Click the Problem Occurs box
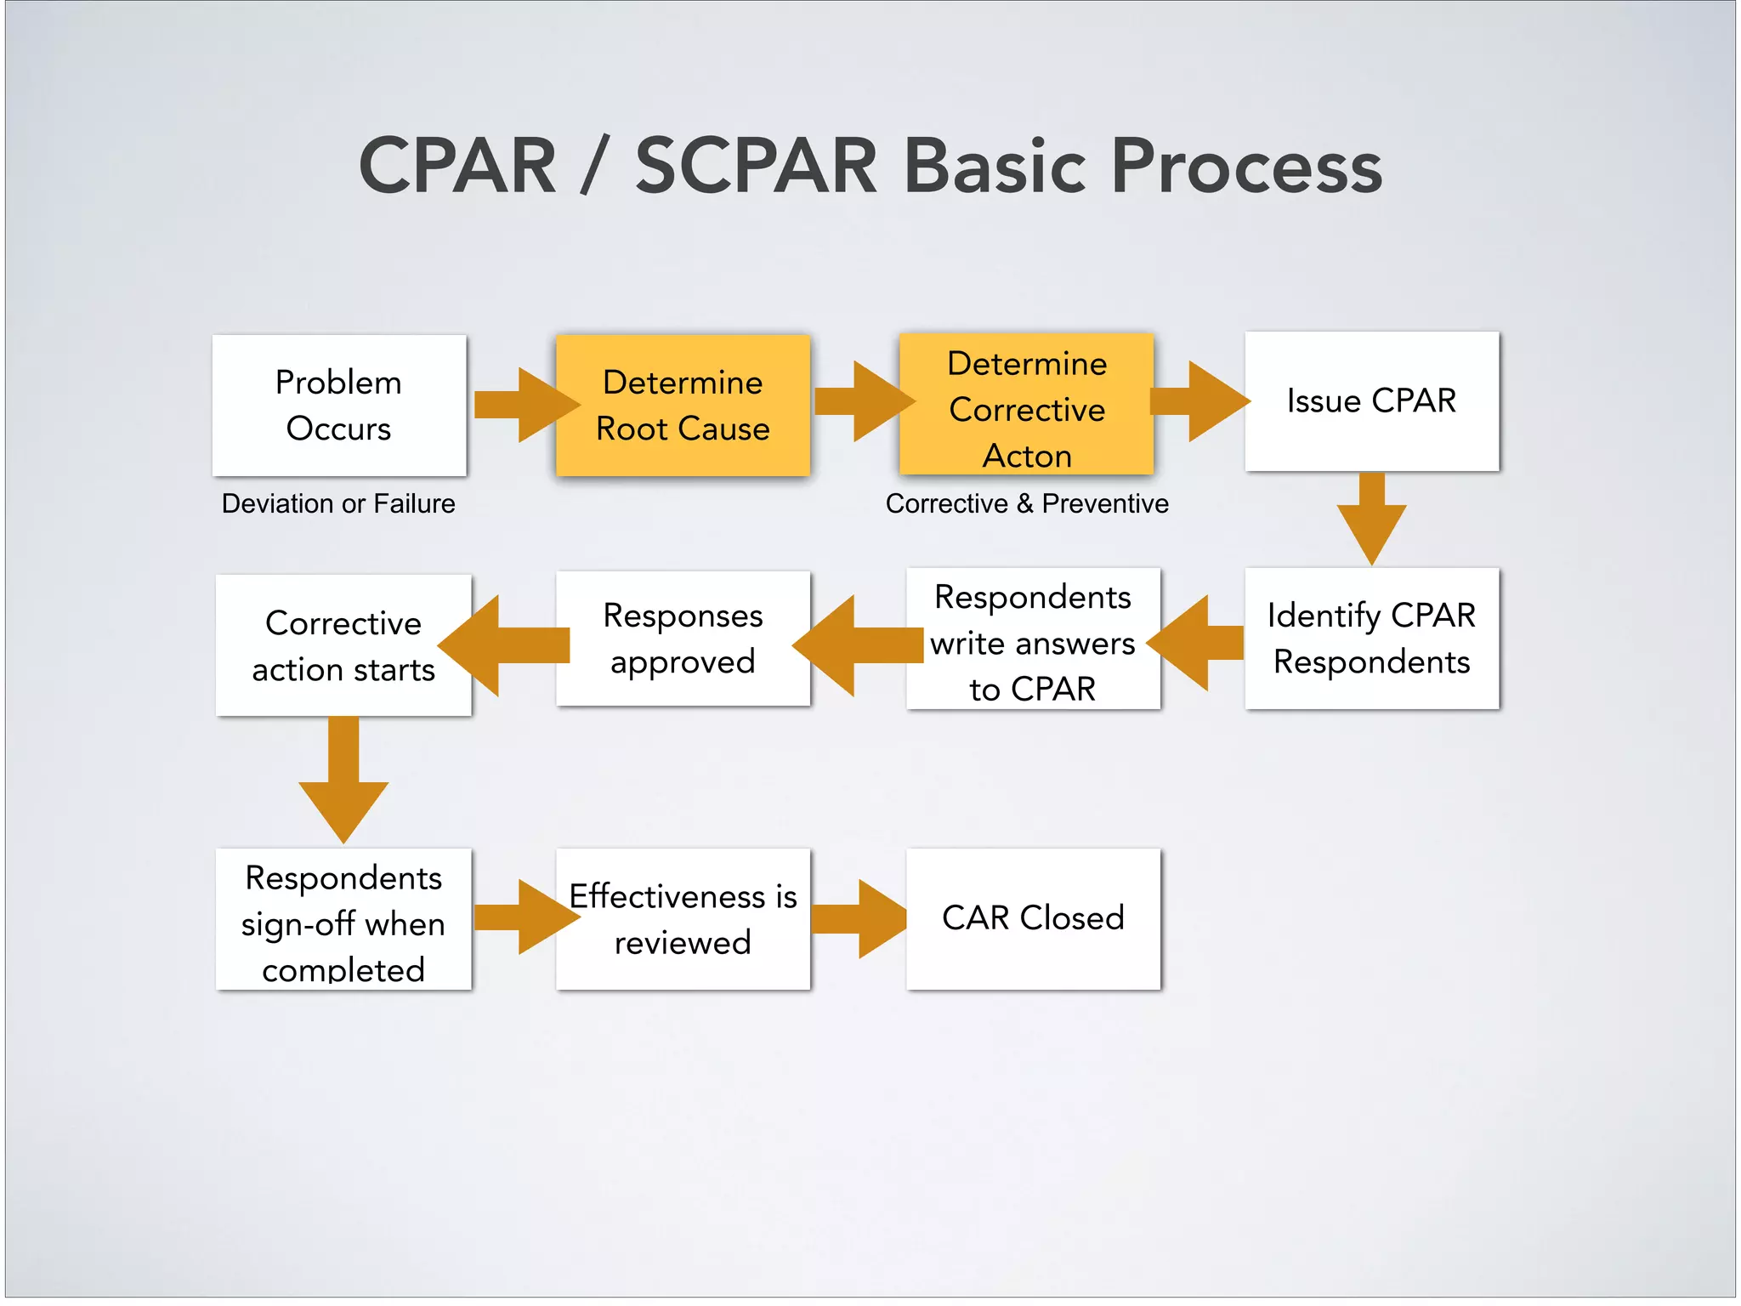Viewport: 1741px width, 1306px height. coord(338,405)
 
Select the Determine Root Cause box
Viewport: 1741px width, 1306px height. coord(683,405)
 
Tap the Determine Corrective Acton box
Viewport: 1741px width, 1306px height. coord(1026,405)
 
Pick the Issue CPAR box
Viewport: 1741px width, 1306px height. coord(1371,400)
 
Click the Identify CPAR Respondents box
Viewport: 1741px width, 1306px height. coord(1371,638)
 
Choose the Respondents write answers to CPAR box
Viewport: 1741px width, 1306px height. coord(1032,639)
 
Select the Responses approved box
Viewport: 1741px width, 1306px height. coord(683,638)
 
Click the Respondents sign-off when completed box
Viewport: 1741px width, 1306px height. coord(343,920)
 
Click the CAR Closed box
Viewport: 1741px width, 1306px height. coord(1032,918)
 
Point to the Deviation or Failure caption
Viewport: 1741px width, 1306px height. coord(338,503)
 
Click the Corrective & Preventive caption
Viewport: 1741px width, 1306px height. coord(1026,503)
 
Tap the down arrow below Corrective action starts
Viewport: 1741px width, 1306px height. coord(343,778)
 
